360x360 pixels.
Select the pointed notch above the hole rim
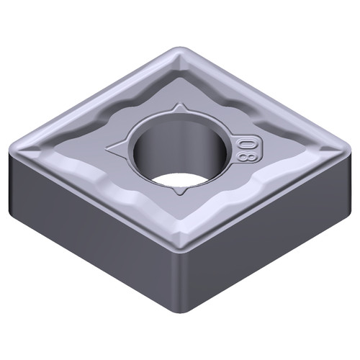pyautogui.click(x=179, y=107)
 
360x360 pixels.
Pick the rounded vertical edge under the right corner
pyautogui.click(x=341, y=180)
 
